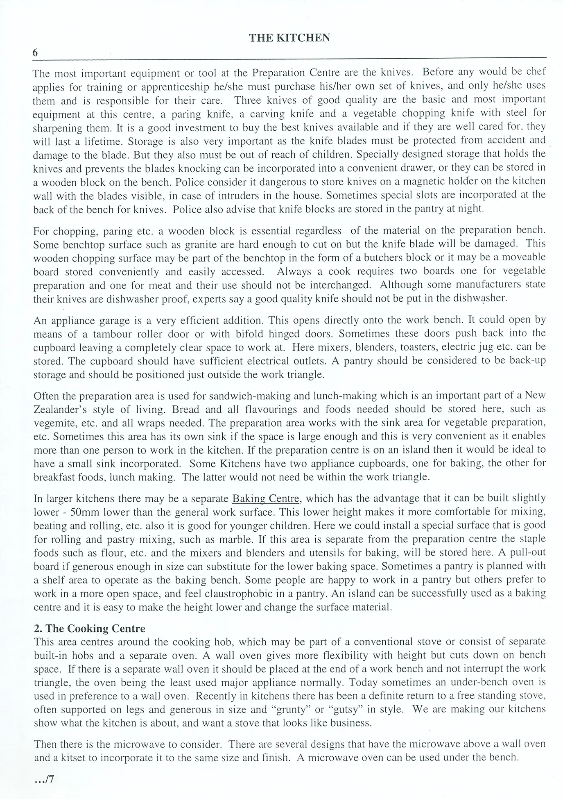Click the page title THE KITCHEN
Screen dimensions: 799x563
(x=289, y=38)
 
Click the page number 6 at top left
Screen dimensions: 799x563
(x=35, y=52)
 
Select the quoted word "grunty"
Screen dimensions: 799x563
(x=289, y=709)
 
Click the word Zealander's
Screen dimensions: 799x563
(x=60, y=410)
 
